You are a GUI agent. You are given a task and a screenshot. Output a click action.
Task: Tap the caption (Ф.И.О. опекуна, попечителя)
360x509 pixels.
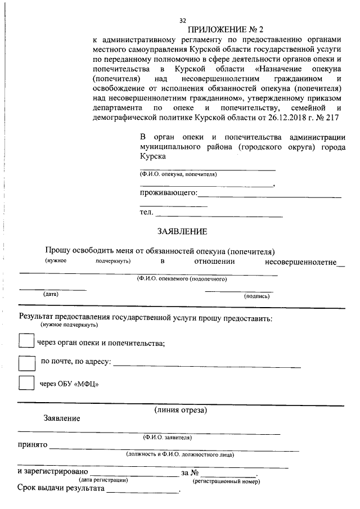pos(178,174)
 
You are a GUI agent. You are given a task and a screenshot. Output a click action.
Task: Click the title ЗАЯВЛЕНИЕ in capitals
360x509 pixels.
pos(182,231)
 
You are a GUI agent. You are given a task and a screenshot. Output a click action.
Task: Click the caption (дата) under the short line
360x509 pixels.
pos(51,294)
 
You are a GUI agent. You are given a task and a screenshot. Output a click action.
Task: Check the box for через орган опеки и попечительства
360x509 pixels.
pos(26,341)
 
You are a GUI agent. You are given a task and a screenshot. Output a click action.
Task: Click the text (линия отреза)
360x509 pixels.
pos(181,411)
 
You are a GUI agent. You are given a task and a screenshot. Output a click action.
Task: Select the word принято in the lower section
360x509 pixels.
pos(32,446)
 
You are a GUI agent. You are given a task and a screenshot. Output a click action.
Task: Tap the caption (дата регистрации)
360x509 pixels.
pos(103,480)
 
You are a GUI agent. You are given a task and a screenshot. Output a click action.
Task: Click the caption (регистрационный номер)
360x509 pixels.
pos(226,482)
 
